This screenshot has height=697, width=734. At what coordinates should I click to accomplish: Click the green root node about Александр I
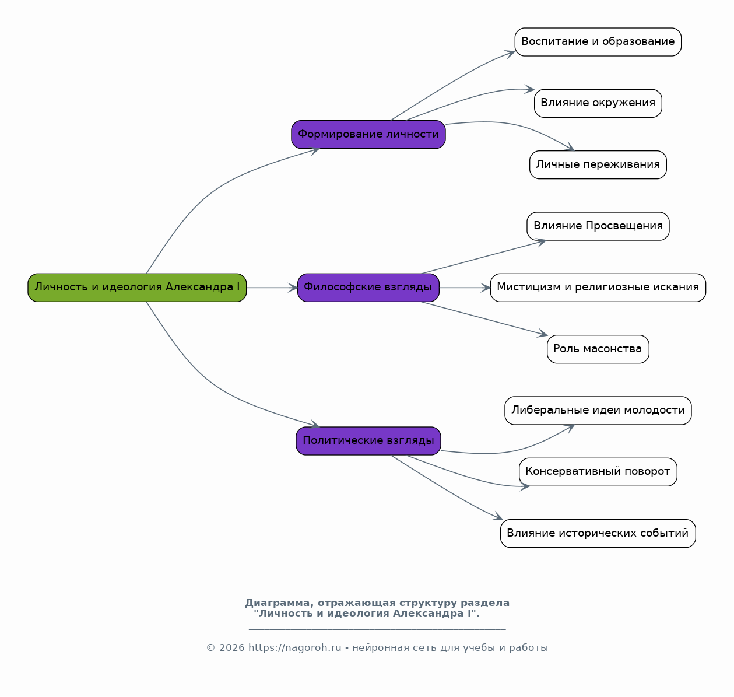[x=137, y=288]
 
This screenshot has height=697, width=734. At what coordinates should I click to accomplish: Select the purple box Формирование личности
[x=368, y=135]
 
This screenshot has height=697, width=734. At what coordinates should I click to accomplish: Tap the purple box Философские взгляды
[x=368, y=288]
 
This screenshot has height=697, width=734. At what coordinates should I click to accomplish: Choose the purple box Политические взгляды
[x=368, y=441]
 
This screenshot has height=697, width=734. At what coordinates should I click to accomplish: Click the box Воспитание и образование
[x=598, y=42]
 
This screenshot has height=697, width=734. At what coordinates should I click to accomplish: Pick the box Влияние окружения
[x=598, y=103]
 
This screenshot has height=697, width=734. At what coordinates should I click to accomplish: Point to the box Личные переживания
[x=598, y=164]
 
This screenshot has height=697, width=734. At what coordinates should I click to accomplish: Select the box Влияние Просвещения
[x=598, y=226]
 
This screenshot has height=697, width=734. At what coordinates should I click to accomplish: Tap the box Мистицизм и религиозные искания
[x=598, y=288]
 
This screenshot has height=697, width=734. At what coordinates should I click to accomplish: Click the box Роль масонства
[x=598, y=349]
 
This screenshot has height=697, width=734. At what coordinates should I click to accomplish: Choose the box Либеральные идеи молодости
[x=598, y=411]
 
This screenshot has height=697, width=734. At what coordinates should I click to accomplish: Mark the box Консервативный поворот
[x=598, y=472]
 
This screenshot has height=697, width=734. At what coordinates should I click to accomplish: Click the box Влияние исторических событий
[x=598, y=534]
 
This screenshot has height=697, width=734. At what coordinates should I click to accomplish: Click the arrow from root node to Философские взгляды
[x=272, y=288]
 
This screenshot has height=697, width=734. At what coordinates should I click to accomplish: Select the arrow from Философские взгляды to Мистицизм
[x=465, y=288]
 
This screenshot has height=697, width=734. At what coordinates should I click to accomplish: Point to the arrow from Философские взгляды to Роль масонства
[x=484, y=318]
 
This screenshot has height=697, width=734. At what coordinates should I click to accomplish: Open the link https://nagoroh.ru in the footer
[x=294, y=648]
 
